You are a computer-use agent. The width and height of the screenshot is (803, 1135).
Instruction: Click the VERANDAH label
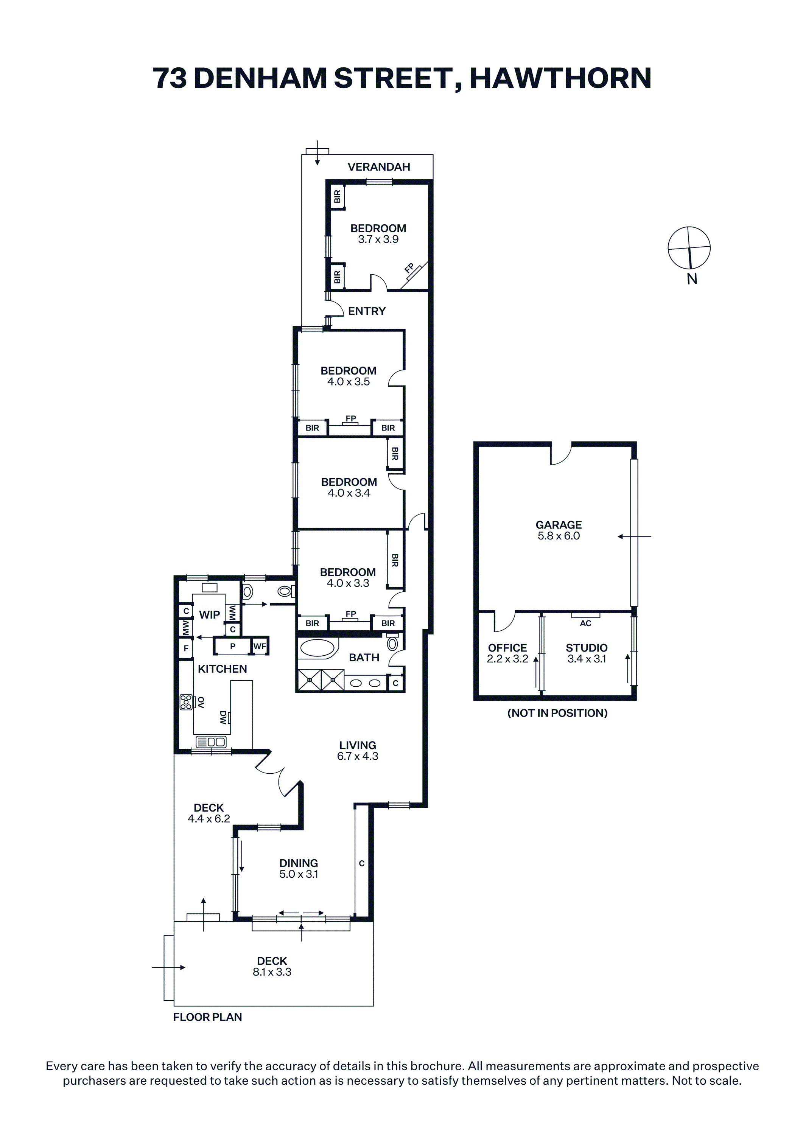(379, 167)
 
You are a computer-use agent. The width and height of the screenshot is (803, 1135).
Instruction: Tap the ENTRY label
(367, 311)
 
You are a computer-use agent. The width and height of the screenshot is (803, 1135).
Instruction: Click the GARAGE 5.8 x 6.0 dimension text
(559, 536)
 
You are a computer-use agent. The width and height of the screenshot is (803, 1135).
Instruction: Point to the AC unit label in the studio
(585, 623)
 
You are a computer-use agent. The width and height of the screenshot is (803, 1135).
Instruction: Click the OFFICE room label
(507, 648)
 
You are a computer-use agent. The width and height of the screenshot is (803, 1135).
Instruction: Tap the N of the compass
(692, 279)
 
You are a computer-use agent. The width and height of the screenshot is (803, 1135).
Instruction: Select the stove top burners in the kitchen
(186, 702)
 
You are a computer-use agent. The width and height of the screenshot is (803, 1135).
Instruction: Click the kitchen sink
(211, 742)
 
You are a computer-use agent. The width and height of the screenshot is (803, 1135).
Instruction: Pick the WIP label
(210, 614)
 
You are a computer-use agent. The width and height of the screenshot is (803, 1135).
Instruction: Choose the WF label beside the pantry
(260, 646)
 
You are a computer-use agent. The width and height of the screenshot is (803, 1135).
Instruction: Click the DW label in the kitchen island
(223, 717)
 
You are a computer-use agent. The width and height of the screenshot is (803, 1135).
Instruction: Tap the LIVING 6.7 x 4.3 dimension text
(358, 756)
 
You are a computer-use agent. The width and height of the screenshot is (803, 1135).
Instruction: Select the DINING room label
(299, 863)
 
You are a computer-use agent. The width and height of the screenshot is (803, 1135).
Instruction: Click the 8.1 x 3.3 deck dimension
(272, 972)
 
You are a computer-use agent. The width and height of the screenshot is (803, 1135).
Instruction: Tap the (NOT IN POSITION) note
(557, 713)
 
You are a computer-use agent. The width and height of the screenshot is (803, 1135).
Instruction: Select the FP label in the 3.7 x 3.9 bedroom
(409, 268)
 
